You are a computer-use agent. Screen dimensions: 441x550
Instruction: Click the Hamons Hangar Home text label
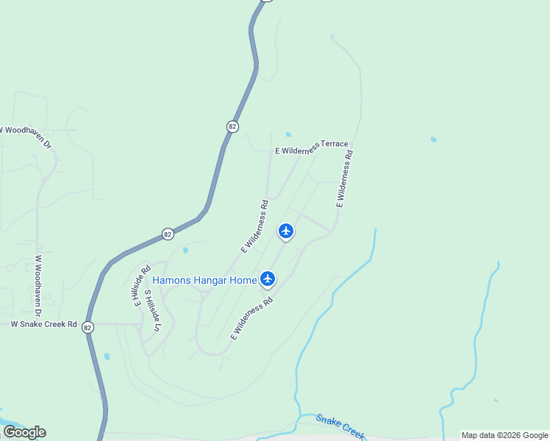coord(204,279)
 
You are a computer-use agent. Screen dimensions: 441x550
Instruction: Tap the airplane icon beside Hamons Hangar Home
coord(268,279)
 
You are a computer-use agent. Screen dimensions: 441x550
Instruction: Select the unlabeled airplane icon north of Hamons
coord(286,231)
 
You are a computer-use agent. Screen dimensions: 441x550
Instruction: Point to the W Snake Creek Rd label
coord(43,324)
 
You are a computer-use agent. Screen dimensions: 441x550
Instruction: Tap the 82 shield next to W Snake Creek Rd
coord(88,327)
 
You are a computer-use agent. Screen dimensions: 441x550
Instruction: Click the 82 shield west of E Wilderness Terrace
coord(232,126)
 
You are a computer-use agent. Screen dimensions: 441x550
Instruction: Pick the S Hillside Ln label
coord(151,312)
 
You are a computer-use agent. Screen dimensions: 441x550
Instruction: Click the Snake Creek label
coord(340,426)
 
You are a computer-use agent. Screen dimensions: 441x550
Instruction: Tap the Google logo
coord(24,432)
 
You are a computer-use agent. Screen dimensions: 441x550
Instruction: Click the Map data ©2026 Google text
coord(504,436)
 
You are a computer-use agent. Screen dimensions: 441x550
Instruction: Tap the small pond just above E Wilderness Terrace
coord(288,135)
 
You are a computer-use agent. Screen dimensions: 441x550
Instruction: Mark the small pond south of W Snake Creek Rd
coord(107,356)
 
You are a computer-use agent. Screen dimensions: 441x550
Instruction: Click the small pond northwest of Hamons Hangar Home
coord(185,250)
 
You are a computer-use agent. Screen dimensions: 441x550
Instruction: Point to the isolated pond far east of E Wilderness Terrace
coord(434,139)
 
